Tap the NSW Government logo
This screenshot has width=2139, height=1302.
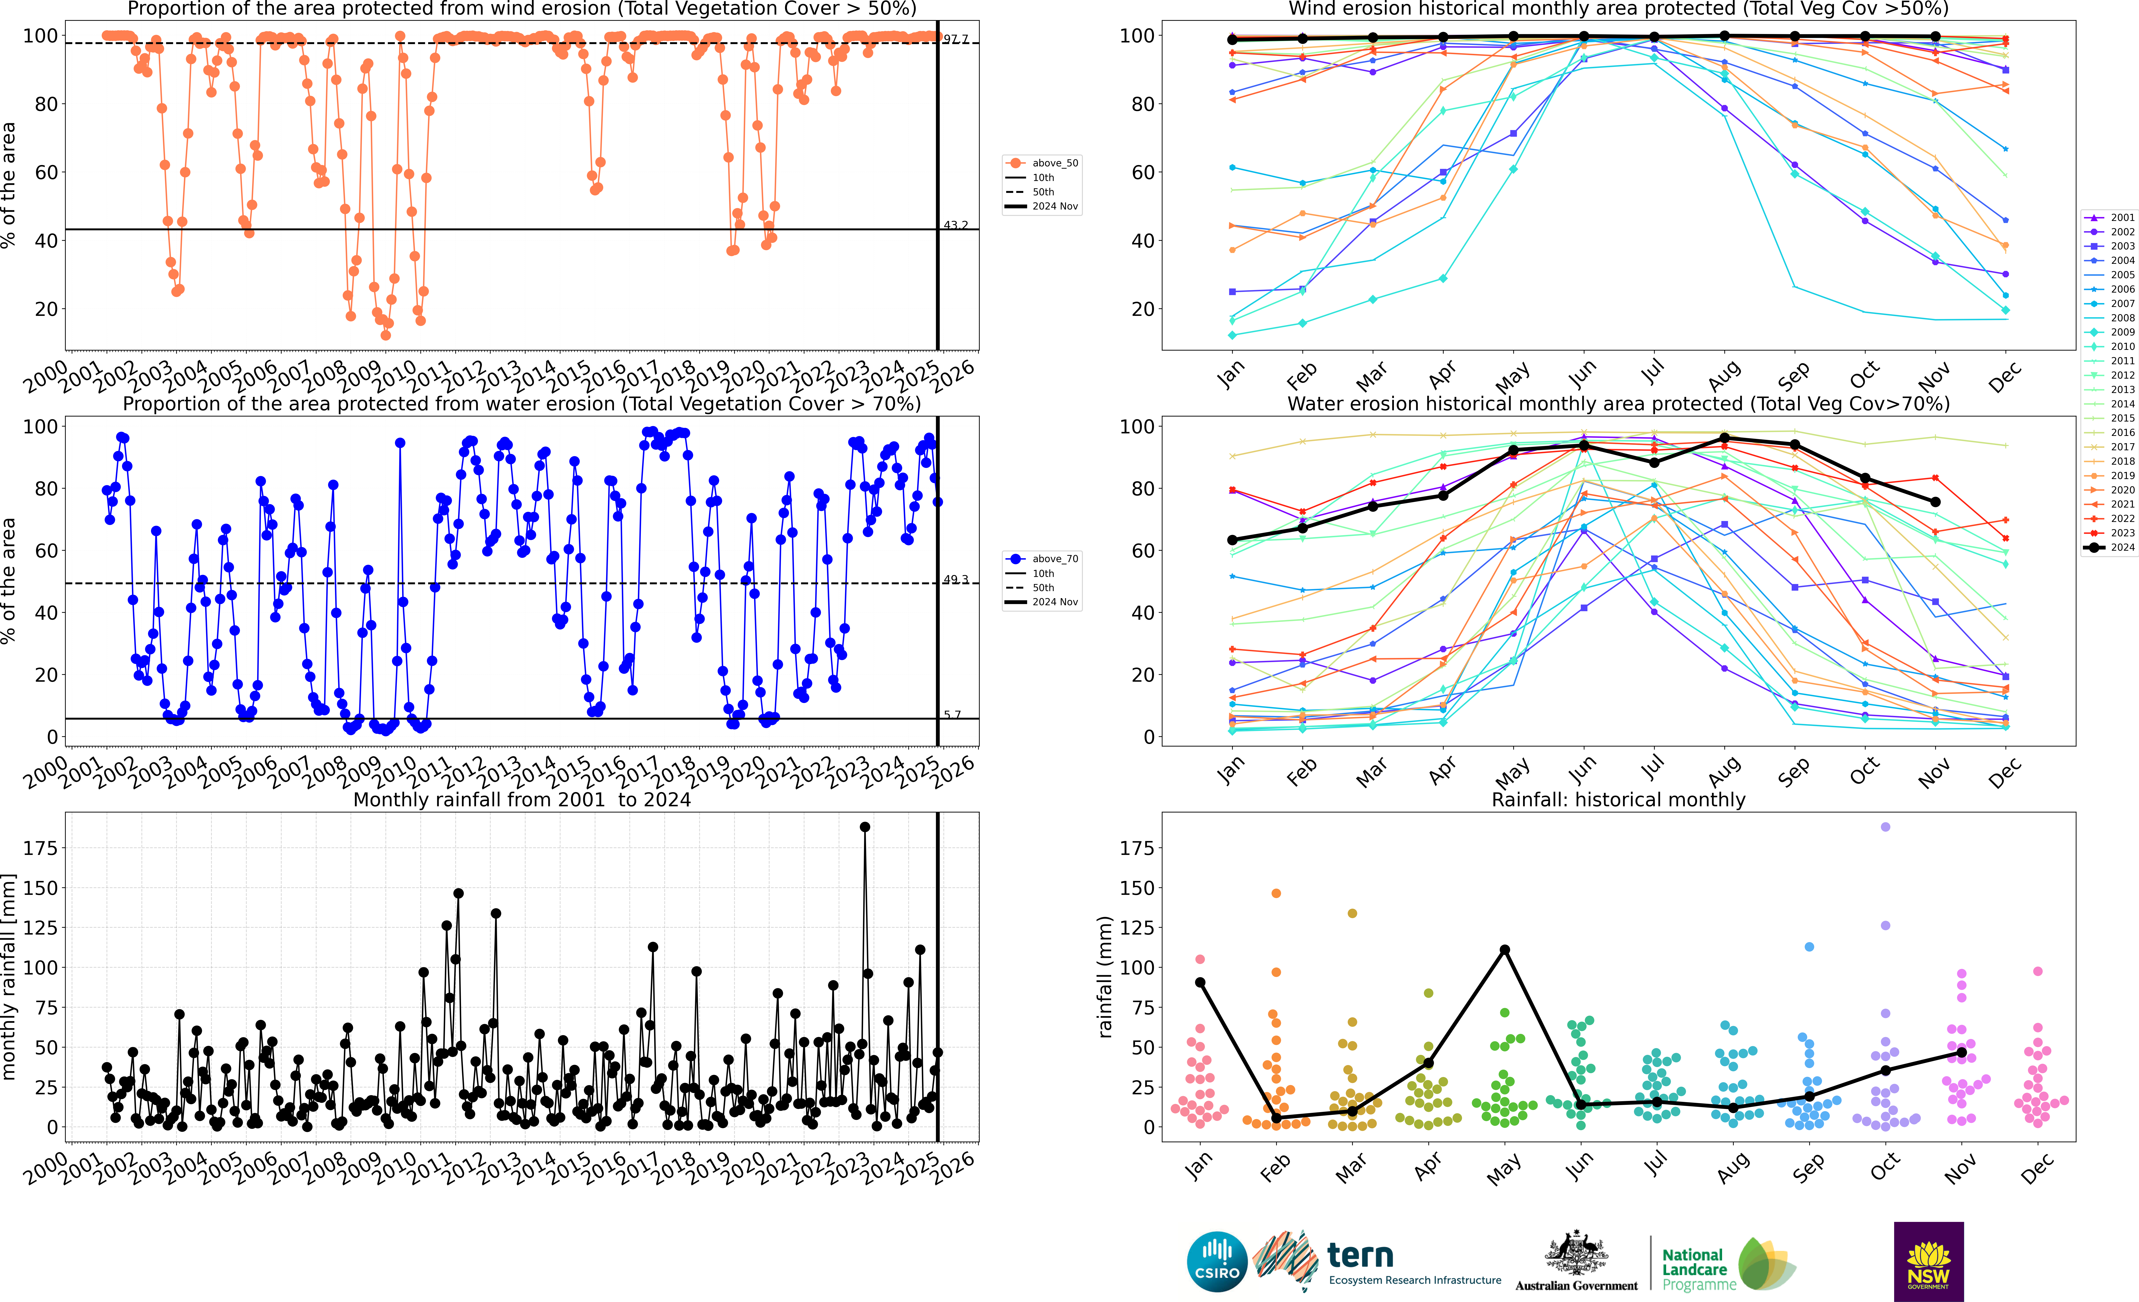tap(1928, 1261)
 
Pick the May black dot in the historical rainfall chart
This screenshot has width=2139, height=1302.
tap(1504, 950)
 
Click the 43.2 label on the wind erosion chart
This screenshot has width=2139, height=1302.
tap(956, 225)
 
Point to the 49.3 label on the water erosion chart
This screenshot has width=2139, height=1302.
tap(956, 579)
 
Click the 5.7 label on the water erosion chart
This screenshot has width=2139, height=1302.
tap(952, 714)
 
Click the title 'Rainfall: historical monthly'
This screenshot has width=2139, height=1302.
tap(1618, 799)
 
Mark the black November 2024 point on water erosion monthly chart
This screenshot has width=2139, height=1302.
tap(1935, 502)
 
